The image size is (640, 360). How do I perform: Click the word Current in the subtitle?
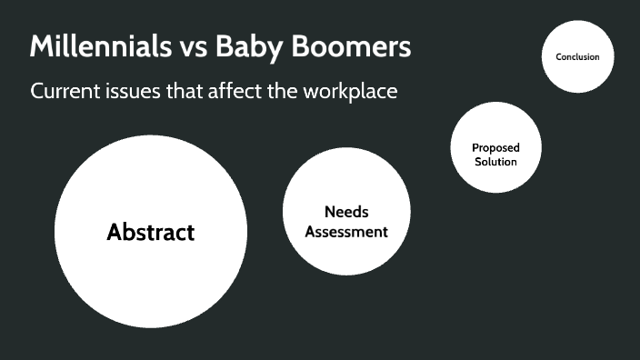coord(64,92)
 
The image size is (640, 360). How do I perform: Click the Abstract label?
coord(151,232)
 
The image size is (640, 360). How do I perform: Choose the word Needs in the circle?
coord(346,212)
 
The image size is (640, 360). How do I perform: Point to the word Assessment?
coord(346,232)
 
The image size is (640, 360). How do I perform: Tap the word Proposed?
coord(495,147)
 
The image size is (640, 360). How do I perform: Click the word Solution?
coord(495,162)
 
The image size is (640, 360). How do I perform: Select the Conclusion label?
coord(577,56)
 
